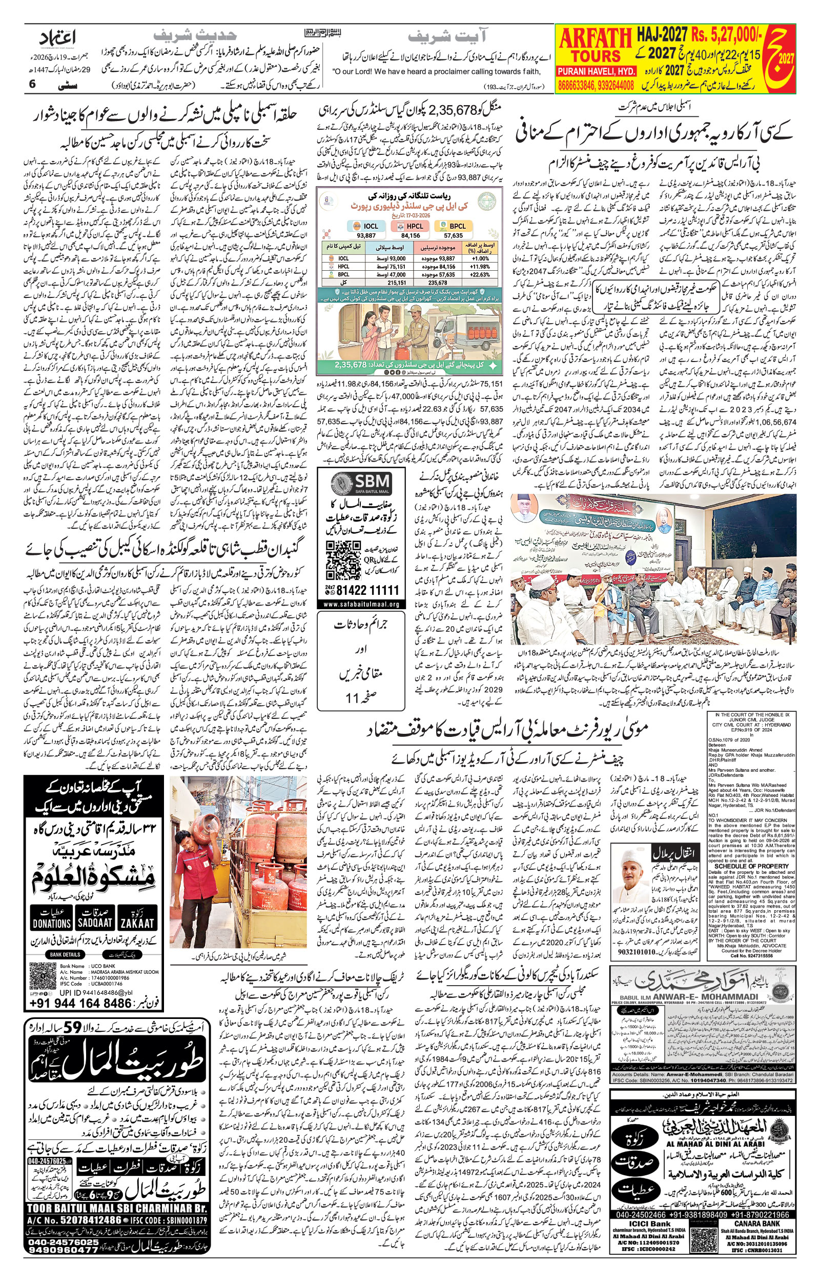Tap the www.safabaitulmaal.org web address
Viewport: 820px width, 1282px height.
pyautogui.click(x=361, y=604)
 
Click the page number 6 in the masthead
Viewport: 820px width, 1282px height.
pyautogui.click(x=32, y=84)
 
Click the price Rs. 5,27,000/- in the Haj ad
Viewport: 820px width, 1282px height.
pyautogui.click(x=726, y=35)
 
